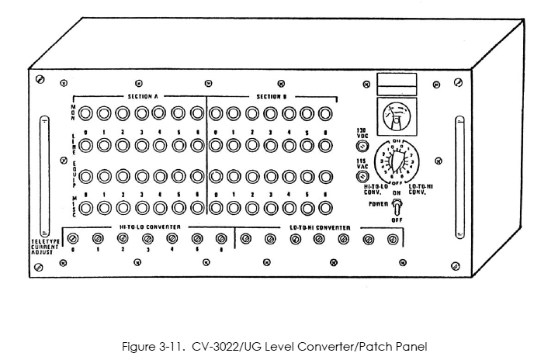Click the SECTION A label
click(x=144, y=97)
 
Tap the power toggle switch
click(x=396, y=207)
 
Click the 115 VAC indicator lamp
click(x=362, y=176)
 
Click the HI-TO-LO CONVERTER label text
click(x=150, y=227)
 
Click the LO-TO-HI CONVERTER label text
click(x=319, y=227)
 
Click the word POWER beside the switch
click(x=379, y=205)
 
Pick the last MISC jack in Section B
click(x=324, y=207)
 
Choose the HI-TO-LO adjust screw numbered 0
click(x=74, y=238)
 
